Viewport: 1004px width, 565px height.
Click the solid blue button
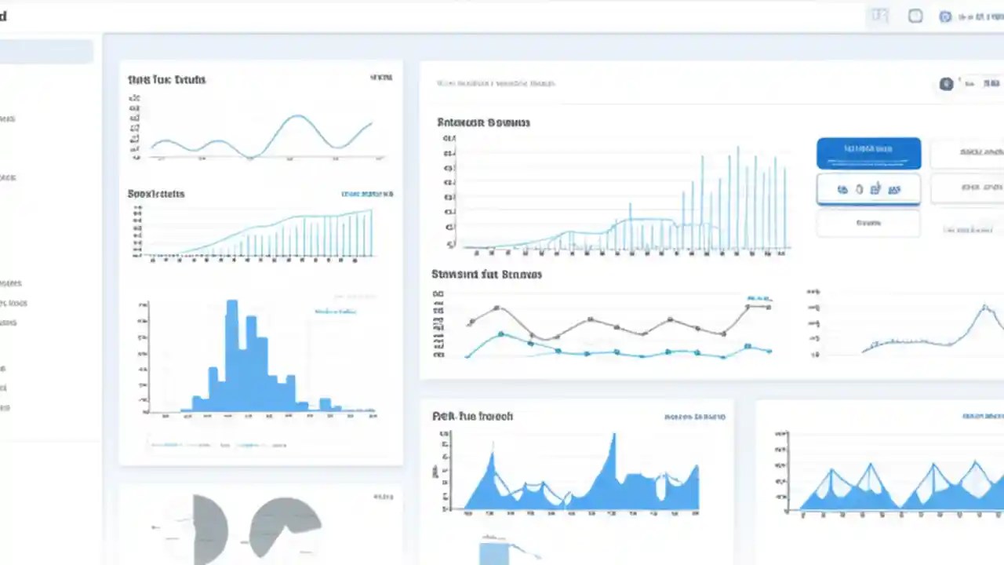pos(868,153)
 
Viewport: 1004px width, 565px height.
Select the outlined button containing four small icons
pos(868,189)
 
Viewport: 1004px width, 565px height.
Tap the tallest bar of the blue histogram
pos(231,353)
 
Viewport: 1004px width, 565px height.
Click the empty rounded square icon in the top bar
pos(915,16)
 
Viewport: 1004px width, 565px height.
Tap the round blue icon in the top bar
pos(945,16)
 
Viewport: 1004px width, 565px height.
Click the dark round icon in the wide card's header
pos(947,83)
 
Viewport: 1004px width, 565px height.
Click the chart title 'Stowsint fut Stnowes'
pos(486,275)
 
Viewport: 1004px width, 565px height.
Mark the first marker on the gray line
pos(471,322)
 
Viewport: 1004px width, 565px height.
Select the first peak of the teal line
pos(501,334)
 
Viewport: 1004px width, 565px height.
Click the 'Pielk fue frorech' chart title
pos(472,416)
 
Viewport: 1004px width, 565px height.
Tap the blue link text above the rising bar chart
pos(367,194)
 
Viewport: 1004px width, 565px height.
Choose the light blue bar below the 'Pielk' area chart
pos(494,552)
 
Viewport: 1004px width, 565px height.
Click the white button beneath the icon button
pos(868,223)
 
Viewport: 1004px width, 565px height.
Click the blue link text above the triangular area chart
pos(982,417)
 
